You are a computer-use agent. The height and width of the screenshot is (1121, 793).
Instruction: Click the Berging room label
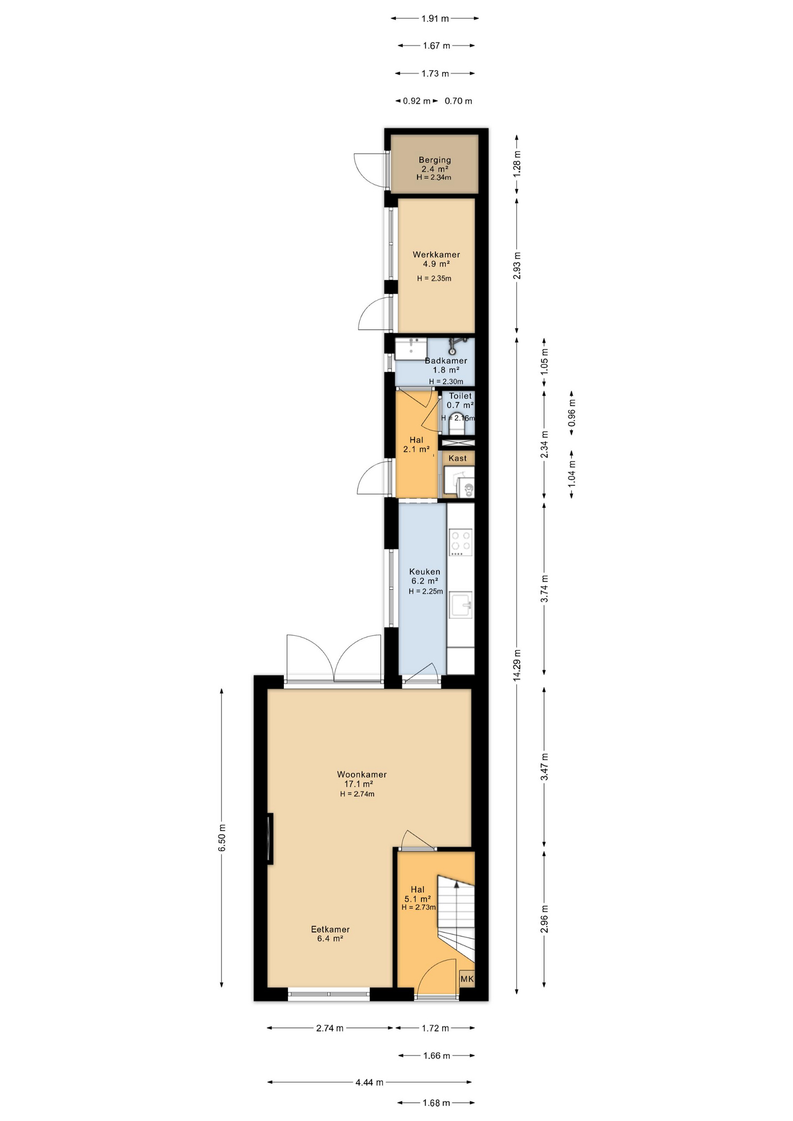[434, 160]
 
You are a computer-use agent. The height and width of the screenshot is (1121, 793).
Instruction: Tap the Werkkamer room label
[436, 255]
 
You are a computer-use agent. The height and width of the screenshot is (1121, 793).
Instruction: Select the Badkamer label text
[446, 361]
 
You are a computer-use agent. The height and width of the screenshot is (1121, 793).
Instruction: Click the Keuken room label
[425, 572]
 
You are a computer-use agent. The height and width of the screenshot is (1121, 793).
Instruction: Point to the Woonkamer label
[361, 775]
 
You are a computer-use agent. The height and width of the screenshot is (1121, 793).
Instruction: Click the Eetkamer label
[330, 929]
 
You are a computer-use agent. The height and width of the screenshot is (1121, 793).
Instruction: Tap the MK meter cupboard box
[467, 979]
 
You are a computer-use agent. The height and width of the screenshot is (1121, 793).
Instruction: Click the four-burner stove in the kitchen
[460, 542]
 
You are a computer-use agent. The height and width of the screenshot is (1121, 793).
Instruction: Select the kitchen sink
[461, 605]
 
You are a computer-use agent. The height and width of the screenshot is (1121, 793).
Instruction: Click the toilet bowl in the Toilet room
[456, 429]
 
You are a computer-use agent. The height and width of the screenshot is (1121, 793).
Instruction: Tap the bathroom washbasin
[411, 349]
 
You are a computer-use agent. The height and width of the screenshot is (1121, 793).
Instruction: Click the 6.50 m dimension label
[222, 838]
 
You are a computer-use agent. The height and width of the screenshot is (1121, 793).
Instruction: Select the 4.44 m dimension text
[369, 1082]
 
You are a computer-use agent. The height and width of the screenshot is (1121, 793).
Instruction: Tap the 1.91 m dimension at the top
[435, 19]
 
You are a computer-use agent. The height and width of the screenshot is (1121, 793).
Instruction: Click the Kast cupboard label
[458, 458]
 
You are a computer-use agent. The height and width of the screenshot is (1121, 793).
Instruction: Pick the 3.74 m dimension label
[544, 589]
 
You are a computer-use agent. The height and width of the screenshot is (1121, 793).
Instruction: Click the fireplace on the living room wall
[270, 838]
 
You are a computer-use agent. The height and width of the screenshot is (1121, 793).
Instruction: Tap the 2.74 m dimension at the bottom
[330, 1028]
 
